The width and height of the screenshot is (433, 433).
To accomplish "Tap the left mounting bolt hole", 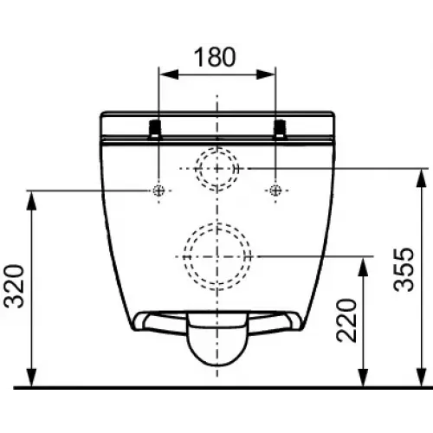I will [x=158, y=191].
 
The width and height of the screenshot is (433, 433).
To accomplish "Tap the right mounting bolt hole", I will [x=275, y=191].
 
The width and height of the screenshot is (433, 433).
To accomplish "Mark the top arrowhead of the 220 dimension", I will [x=362, y=260].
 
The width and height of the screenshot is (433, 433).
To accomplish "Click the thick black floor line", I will [x=216, y=388].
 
